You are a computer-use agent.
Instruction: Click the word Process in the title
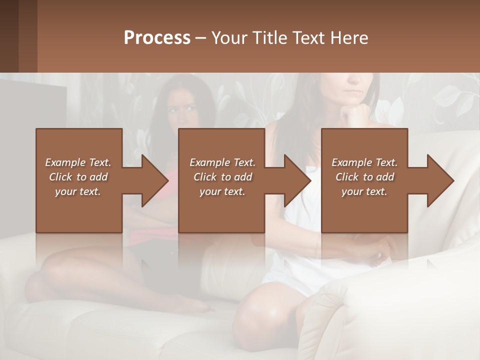coord(157,38)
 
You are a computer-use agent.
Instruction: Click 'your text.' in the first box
coord(78,191)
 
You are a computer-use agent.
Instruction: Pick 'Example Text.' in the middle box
coord(222,162)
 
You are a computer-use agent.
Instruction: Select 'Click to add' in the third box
coord(364,177)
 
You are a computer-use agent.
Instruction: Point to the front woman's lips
coord(353,93)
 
